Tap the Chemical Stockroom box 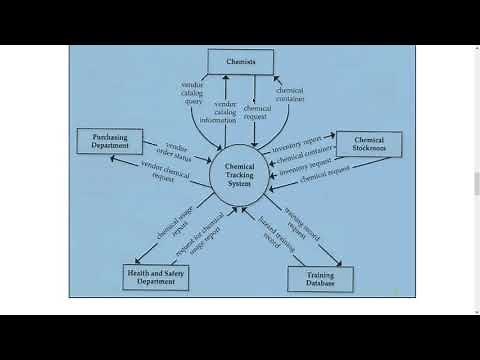368,145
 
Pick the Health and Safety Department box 155,276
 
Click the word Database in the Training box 322,286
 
